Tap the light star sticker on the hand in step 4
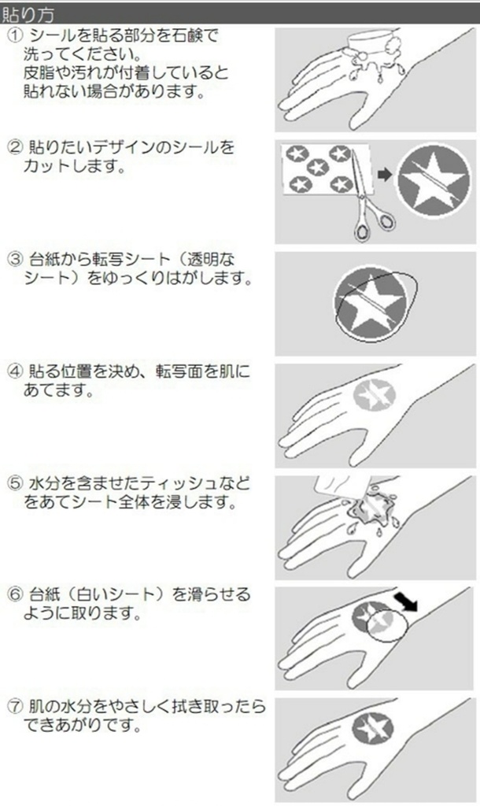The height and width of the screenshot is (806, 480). click(x=375, y=394)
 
